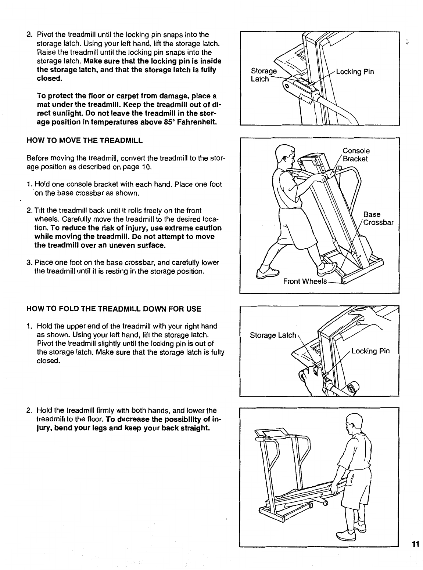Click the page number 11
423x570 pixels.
pyautogui.click(x=415, y=544)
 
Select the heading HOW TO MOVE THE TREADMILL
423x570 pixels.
pyautogui.click(x=85, y=140)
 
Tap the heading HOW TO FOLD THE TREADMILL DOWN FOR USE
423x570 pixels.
pyautogui.click(x=114, y=309)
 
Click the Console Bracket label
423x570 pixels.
pyautogui.click(x=356, y=155)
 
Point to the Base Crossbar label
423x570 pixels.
pyautogui.click(x=378, y=218)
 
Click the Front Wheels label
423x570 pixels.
pyautogui.click(x=305, y=281)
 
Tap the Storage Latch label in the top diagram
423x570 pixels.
pyautogui.click(x=264, y=75)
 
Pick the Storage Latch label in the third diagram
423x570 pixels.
pyautogui.click(x=273, y=335)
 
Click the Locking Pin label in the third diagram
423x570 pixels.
pyautogui.click(x=370, y=351)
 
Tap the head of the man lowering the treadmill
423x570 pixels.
pyautogui.click(x=354, y=420)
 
